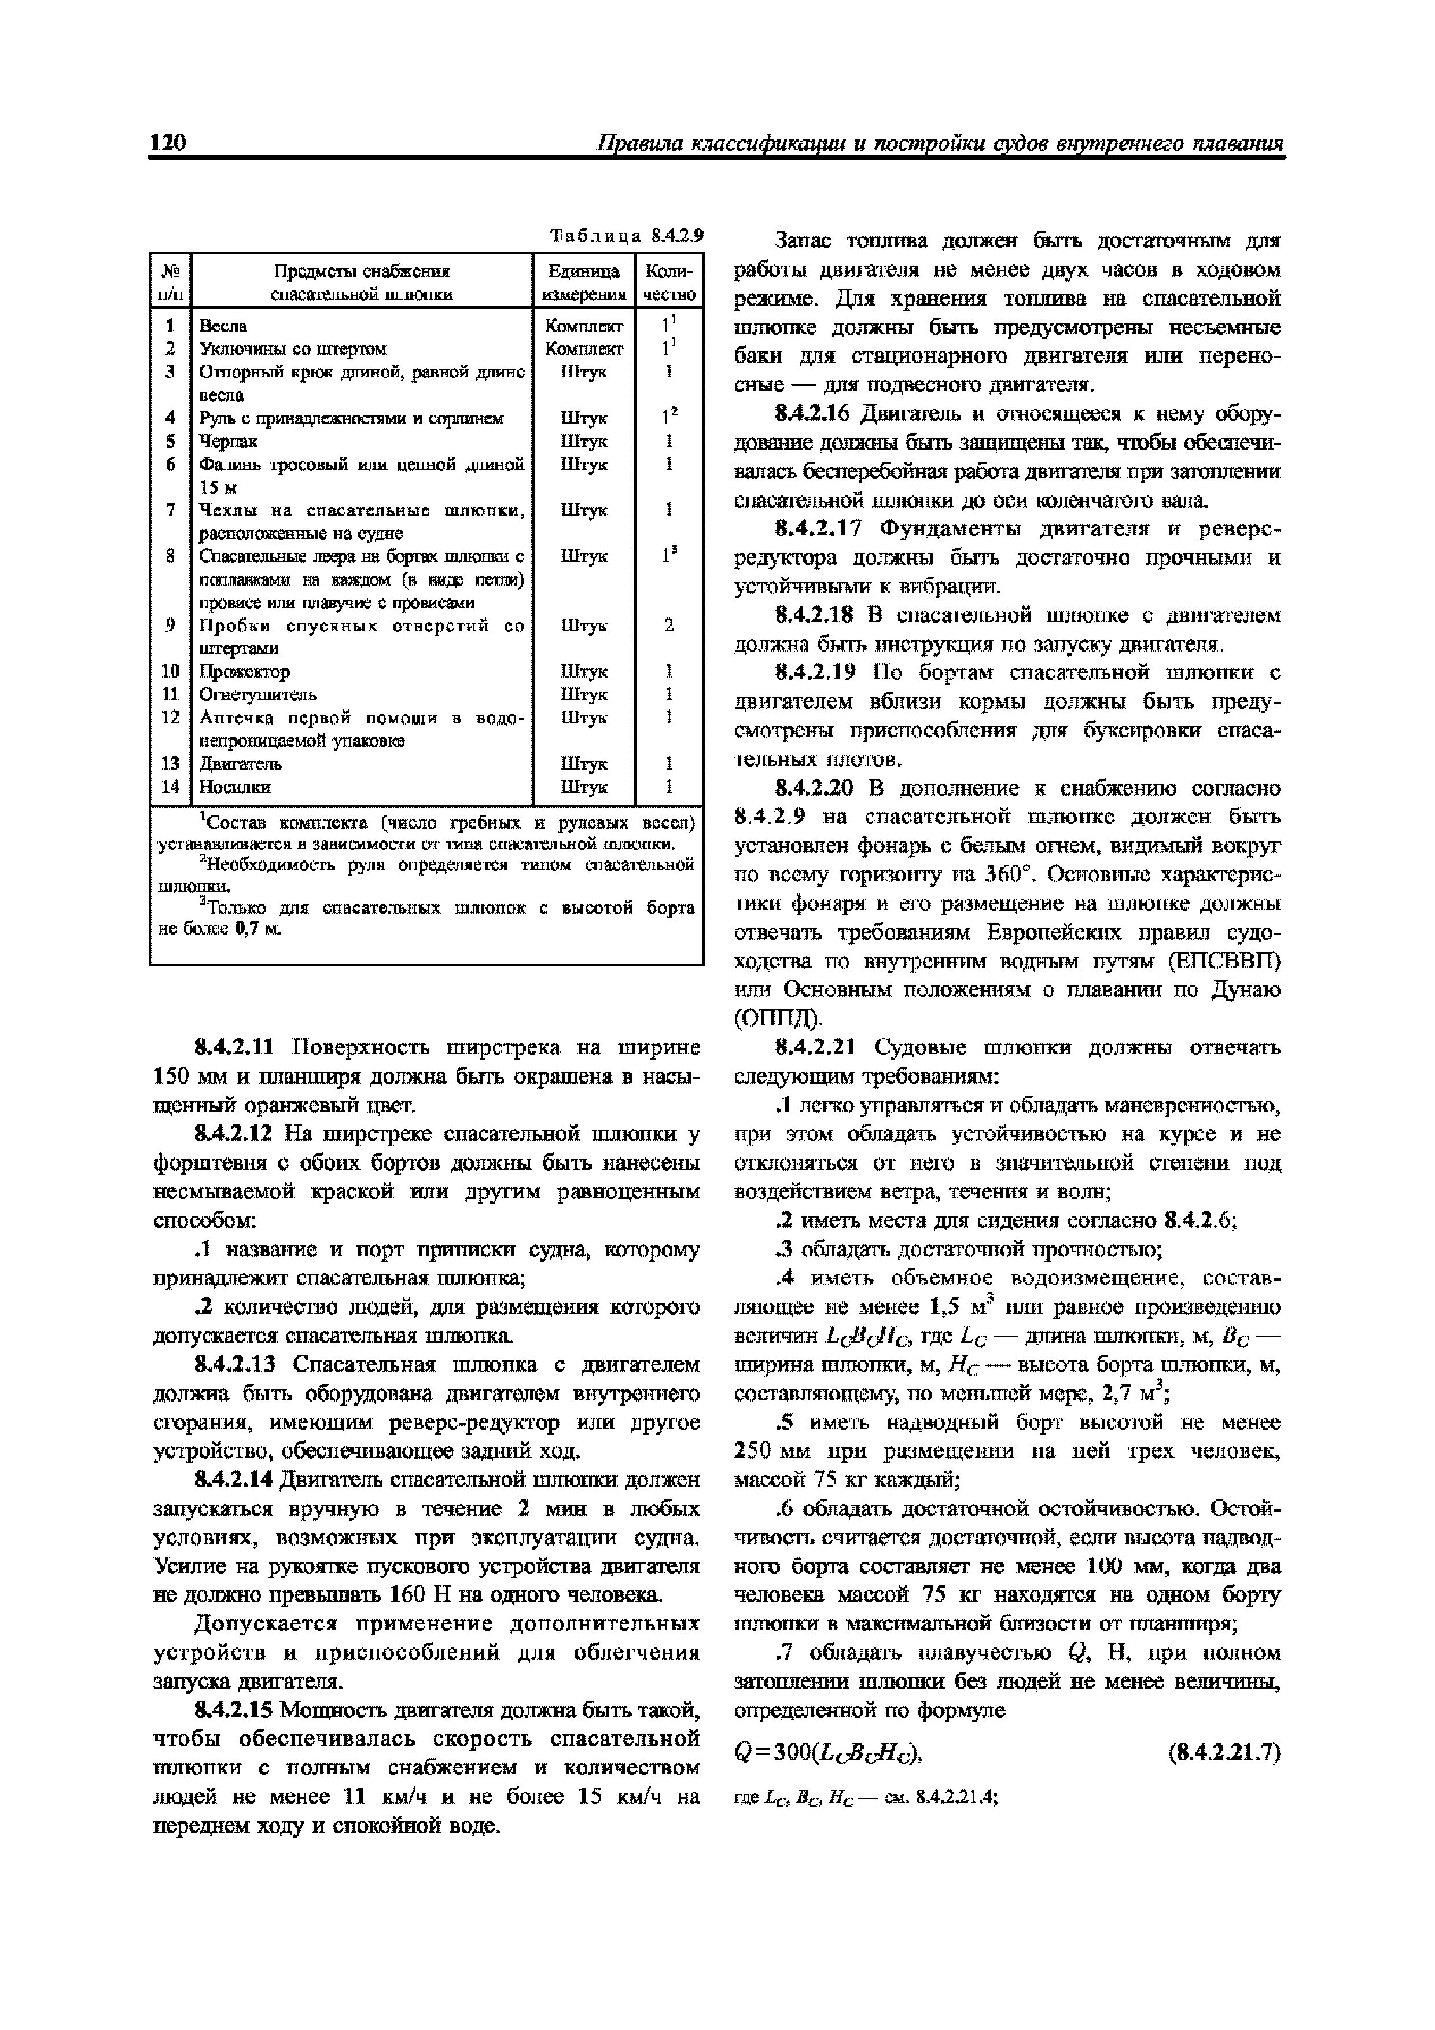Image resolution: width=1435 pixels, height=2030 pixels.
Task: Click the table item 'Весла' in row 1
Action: (x=224, y=326)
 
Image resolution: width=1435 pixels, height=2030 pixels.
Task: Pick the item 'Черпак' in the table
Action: (x=228, y=441)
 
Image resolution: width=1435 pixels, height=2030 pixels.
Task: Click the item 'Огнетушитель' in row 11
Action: (x=258, y=694)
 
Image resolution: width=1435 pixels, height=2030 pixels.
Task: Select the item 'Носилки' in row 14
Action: (x=235, y=786)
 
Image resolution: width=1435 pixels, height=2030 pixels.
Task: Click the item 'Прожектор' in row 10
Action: (x=244, y=671)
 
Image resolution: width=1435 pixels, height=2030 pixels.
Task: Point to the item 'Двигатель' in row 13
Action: (x=241, y=763)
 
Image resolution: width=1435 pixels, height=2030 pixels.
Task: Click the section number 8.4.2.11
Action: (x=235, y=1048)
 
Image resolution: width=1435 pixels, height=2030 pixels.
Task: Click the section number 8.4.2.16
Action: (x=815, y=415)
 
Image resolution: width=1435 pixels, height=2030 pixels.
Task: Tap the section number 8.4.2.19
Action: (x=815, y=673)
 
